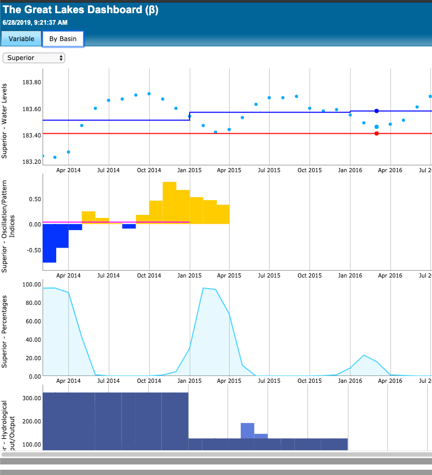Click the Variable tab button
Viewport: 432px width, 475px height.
pos(21,38)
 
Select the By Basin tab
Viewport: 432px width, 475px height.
pos(63,38)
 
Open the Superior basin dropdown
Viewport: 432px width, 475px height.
pos(34,58)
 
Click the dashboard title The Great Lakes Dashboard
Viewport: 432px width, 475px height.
pos(80,10)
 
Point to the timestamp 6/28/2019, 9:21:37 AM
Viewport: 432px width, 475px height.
pos(35,23)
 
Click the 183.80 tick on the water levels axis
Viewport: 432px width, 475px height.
pos(32,82)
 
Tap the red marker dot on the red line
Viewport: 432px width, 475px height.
pos(377,133)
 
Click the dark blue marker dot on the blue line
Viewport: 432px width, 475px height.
pos(377,111)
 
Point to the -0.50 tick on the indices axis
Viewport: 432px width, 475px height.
pos(33,250)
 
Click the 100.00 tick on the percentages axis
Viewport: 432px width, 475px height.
pos(32,284)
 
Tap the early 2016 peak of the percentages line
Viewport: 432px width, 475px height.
pos(364,355)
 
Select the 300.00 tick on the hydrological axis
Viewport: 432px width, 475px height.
pos(32,398)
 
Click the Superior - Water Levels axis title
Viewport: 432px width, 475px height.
pos(5,121)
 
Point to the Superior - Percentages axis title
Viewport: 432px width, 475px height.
pos(5,331)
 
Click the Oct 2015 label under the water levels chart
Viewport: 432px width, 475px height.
pos(309,170)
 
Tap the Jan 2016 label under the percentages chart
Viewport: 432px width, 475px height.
pos(349,380)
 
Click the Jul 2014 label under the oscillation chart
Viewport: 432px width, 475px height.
pos(109,275)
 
